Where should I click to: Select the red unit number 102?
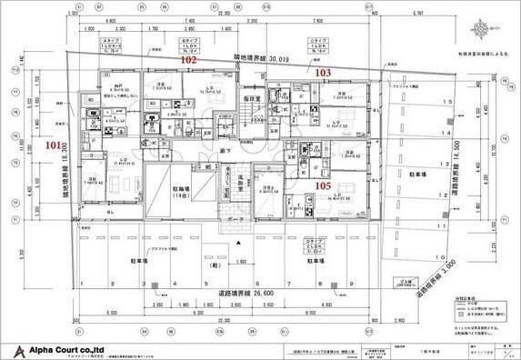coord(188,59)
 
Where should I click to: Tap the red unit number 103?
coord(323,70)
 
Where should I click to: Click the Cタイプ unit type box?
coord(317,47)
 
